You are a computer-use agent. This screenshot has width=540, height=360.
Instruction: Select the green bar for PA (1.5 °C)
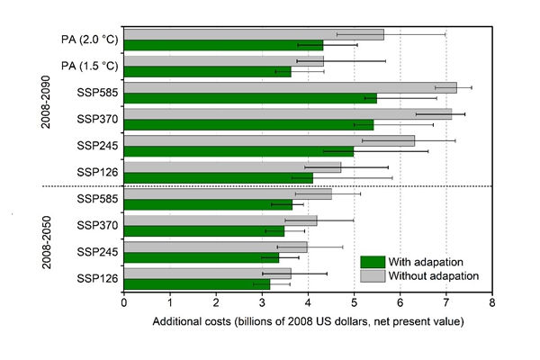[207, 71]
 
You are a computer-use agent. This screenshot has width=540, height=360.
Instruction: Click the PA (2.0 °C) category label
[85, 40]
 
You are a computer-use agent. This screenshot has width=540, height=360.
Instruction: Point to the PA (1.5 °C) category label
[85, 66]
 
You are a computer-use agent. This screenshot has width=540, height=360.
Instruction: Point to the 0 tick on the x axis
[124, 303]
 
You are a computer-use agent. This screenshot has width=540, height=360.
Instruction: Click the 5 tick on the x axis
[355, 303]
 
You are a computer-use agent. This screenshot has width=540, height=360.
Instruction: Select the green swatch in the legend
[373, 262]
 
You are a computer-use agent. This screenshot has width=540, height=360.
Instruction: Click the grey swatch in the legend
[373, 276]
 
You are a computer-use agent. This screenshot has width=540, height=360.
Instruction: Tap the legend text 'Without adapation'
[434, 276]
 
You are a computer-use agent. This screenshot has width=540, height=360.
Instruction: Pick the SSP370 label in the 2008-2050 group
[98, 225]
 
